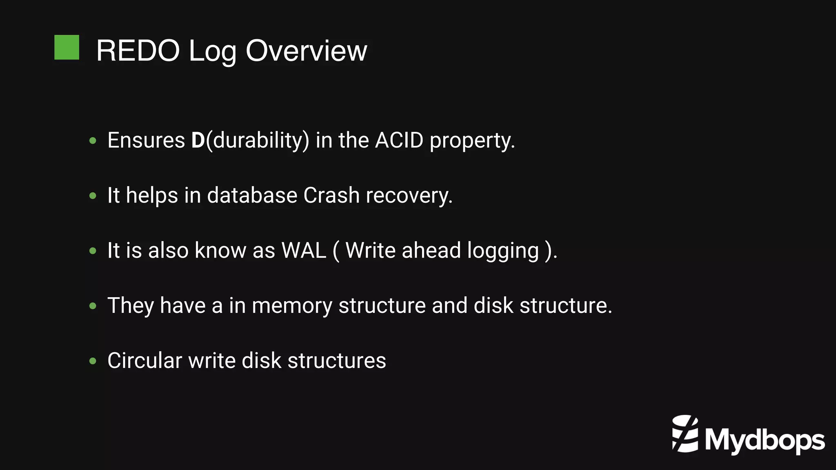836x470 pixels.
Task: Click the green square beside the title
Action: point(67,47)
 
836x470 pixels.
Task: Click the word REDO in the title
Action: point(138,51)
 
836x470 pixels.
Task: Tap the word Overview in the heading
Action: point(306,51)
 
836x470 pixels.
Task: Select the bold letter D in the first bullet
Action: point(198,140)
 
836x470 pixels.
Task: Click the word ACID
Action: point(399,140)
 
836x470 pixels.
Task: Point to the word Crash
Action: point(331,195)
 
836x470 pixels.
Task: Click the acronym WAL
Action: point(304,250)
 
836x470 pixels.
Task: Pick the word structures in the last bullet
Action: point(337,361)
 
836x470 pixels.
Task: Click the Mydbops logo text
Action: point(765,440)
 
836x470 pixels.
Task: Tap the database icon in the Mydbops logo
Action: point(685,434)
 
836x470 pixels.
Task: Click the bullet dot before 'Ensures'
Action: point(93,141)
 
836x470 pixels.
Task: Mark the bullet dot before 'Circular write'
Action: point(93,361)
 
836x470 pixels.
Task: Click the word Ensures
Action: point(146,140)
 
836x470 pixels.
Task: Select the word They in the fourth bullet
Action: point(131,306)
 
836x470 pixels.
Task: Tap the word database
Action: point(252,195)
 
